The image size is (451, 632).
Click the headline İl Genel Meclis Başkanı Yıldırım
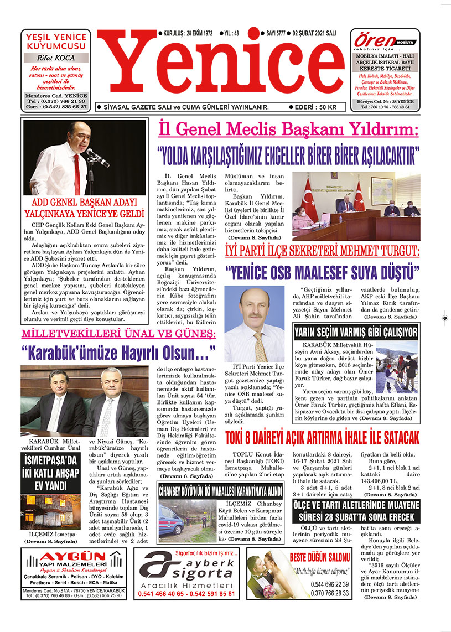288,131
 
